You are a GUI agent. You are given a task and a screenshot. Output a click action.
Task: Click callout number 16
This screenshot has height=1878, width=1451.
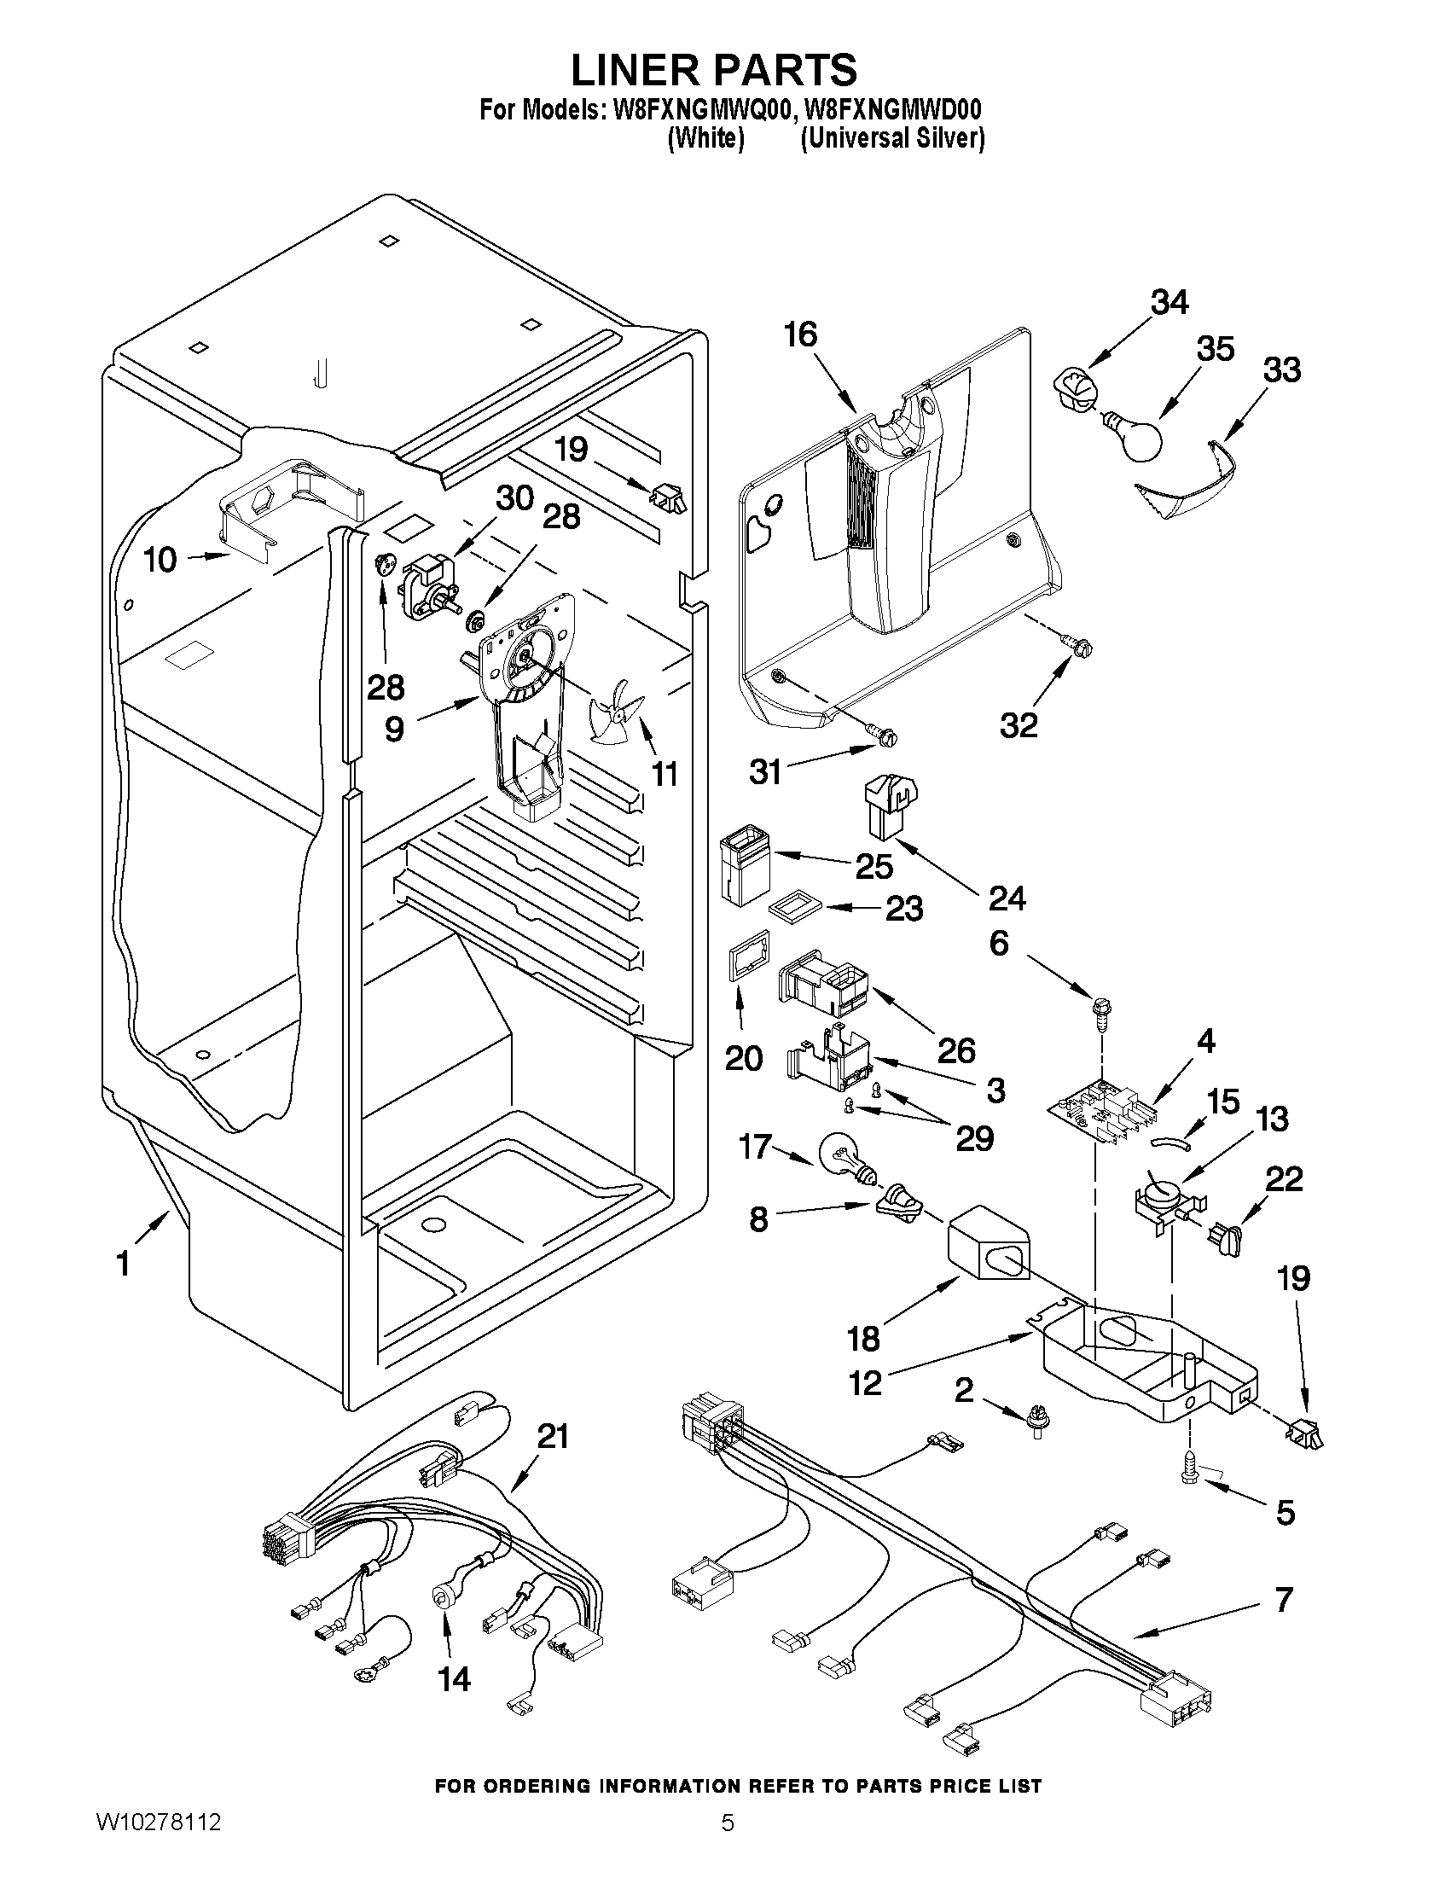coord(800,335)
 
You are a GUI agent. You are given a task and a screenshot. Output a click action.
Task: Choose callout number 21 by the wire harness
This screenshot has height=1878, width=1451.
coord(552,1435)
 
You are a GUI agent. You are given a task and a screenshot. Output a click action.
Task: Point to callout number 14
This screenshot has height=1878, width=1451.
coord(454,1677)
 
